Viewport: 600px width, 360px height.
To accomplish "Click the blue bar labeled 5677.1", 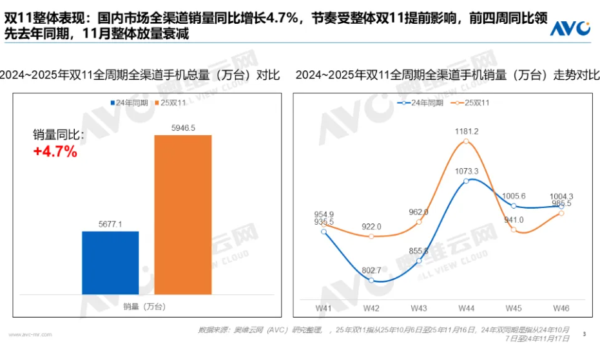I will [x=110, y=263].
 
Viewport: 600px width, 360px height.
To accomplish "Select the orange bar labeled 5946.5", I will [x=182, y=215].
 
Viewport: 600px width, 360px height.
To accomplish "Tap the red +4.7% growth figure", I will [x=55, y=152].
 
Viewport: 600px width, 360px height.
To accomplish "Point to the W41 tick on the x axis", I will [x=324, y=308].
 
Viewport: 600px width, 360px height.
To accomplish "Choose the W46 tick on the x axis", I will [x=561, y=308].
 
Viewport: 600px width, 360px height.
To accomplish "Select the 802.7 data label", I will [x=371, y=270].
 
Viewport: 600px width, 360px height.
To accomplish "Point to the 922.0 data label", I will [x=371, y=227].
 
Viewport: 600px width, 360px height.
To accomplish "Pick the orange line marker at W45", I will [x=514, y=229].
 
